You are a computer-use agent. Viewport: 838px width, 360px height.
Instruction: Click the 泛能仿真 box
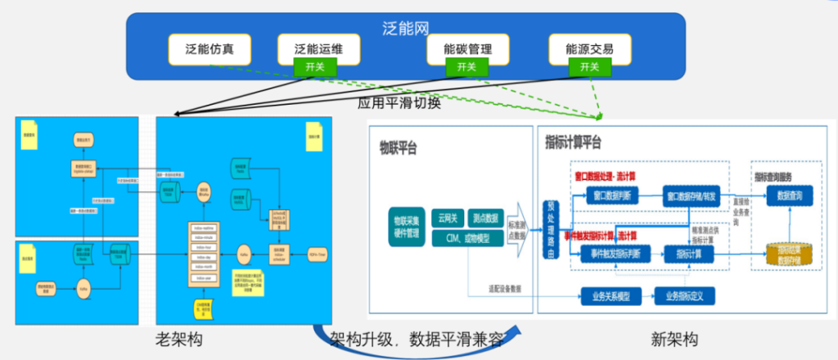pos(209,49)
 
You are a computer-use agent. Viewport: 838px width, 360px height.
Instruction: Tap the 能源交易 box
pos(588,49)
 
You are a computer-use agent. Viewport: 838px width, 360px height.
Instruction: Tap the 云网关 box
pos(448,218)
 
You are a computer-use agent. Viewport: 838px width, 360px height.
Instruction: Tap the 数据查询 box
pos(790,196)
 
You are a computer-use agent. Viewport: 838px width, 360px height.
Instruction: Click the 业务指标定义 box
pos(684,296)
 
